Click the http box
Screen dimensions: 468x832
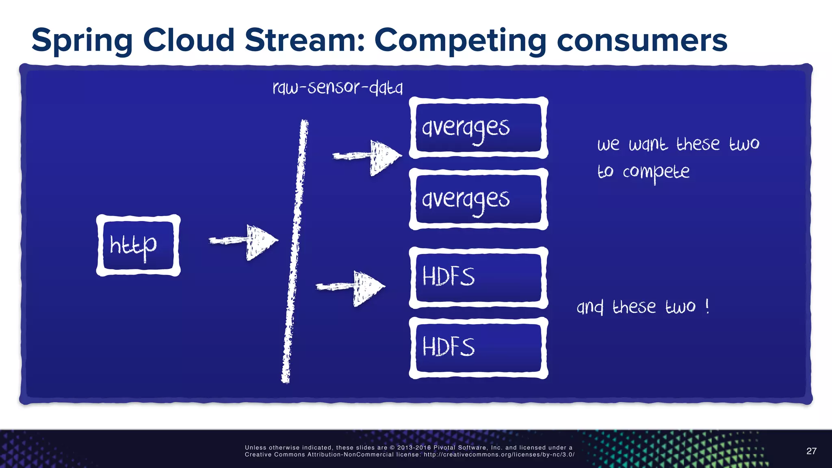tap(138, 245)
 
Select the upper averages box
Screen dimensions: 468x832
tap(478, 128)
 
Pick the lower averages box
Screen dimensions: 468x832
tap(478, 199)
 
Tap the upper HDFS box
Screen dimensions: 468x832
tap(478, 277)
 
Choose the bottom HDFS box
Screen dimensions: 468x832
tap(478, 348)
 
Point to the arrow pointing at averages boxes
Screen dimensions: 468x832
tap(368, 157)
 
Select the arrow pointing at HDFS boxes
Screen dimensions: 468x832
tap(351, 288)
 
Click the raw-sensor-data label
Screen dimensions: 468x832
tap(337, 87)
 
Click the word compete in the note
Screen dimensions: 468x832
tap(656, 172)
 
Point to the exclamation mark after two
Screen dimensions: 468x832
tap(707, 306)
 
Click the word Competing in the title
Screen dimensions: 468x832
tap(460, 41)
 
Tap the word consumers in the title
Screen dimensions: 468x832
tap(642, 41)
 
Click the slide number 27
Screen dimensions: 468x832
tap(811, 451)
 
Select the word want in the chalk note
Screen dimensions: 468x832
tap(648, 144)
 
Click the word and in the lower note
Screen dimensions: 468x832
tap(590, 307)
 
